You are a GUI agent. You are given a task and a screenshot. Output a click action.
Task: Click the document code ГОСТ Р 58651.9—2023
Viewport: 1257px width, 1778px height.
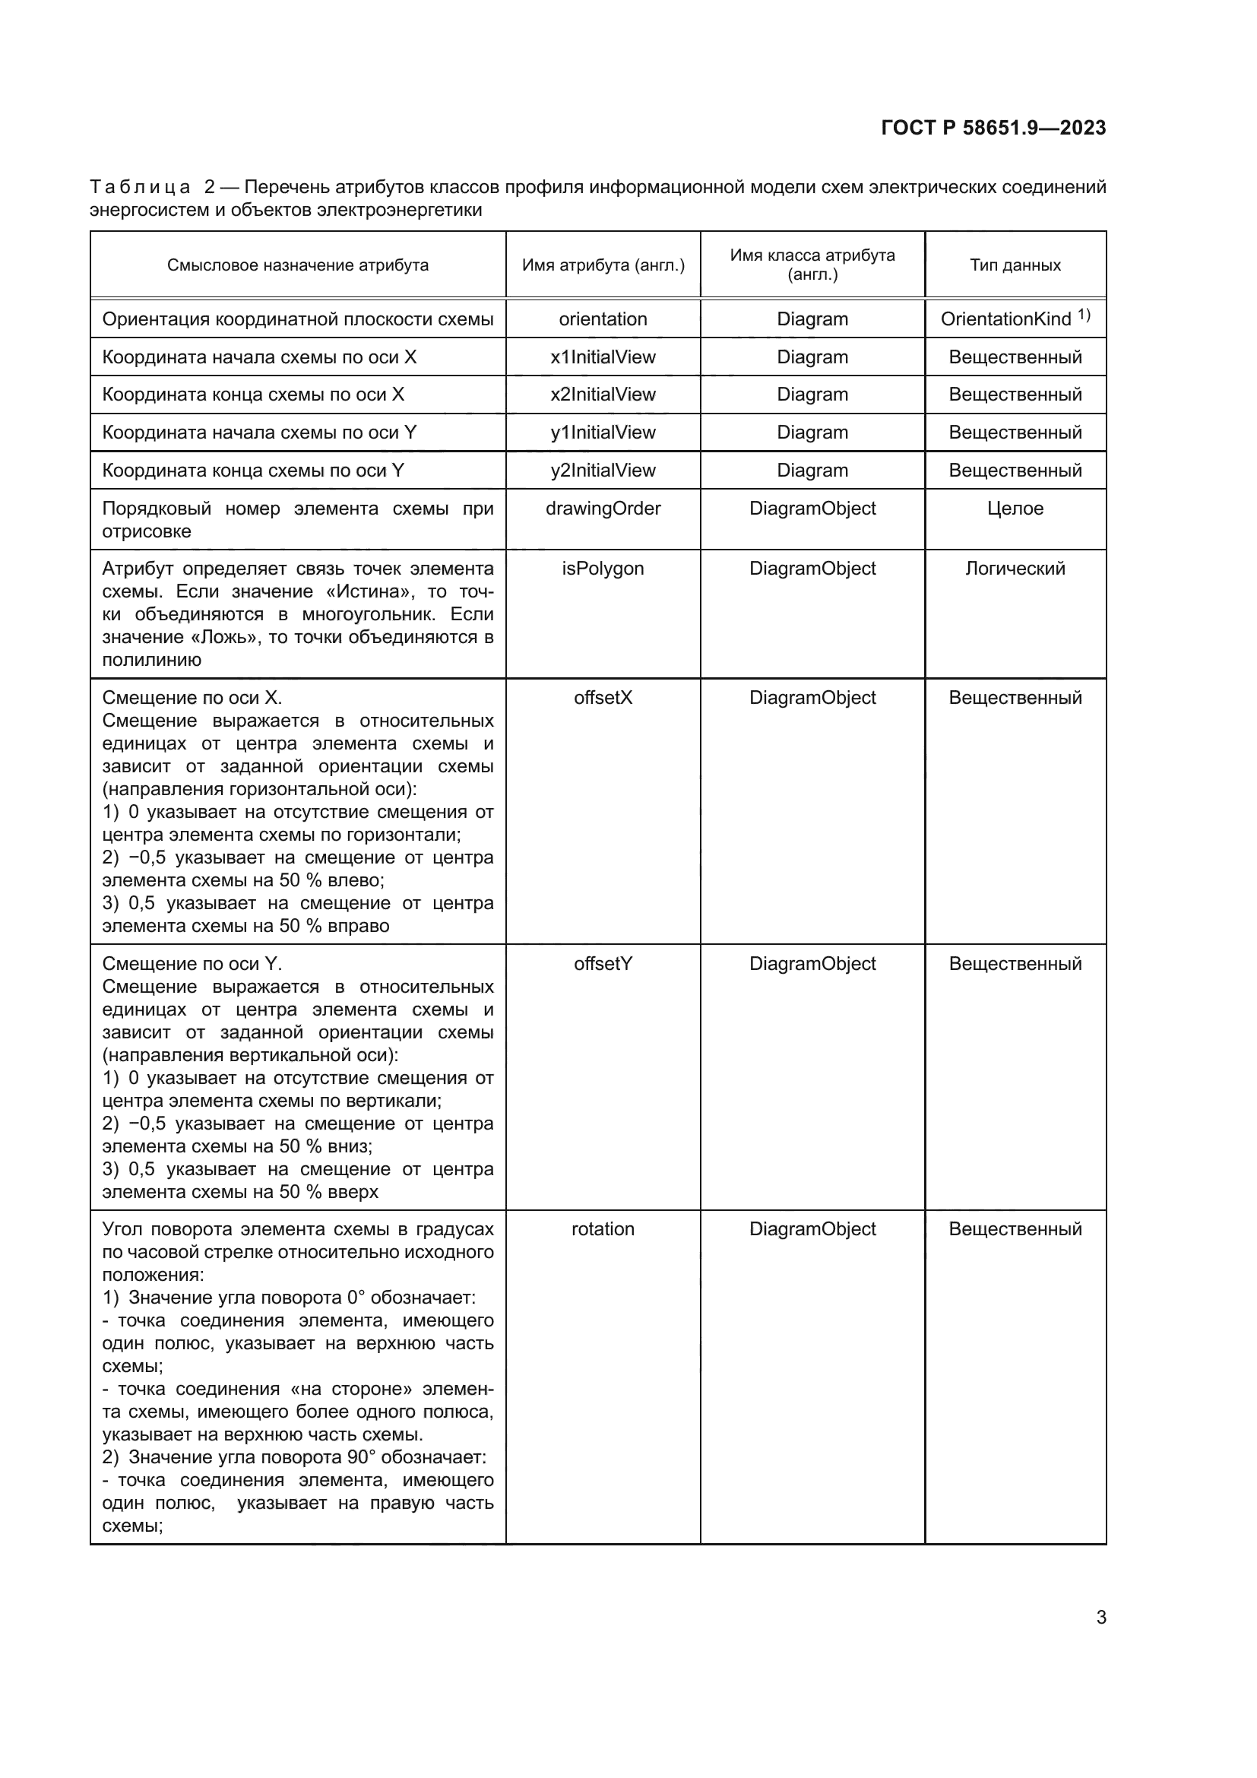point(993,128)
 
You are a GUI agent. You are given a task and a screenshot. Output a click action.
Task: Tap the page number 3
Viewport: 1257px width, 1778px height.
point(1100,1618)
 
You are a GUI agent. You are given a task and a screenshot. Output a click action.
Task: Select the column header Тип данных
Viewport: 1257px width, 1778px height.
point(1015,265)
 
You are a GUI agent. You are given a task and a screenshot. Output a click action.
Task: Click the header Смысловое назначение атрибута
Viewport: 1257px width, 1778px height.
point(297,265)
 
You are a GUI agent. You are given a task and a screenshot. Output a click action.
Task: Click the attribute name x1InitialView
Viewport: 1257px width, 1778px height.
point(602,357)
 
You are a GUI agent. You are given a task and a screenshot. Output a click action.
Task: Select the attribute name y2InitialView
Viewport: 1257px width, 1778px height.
point(602,470)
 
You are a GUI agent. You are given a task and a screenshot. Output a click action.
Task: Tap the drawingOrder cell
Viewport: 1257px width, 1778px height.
point(602,508)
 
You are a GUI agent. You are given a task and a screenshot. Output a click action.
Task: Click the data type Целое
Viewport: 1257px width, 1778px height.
point(1015,508)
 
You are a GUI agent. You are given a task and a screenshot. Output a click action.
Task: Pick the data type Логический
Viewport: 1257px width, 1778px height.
point(1015,569)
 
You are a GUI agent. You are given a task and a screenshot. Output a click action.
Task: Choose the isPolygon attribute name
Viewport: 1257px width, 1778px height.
point(602,569)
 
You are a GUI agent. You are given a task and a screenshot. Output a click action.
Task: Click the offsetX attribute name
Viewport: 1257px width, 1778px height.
point(602,698)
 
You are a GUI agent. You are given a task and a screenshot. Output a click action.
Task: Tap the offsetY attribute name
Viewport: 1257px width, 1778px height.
point(602,963)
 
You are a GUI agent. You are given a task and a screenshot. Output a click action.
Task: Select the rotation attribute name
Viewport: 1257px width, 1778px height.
point(602,1229)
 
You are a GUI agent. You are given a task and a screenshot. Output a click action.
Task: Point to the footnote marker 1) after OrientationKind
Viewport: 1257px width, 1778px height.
point(1084,315)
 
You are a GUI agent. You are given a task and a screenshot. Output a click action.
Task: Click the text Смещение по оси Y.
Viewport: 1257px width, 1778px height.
point(192,963)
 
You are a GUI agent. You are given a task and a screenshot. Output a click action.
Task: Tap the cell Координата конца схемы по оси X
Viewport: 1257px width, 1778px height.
point(253,395)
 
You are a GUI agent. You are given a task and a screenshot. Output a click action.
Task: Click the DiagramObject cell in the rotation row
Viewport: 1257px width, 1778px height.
point(812,1229)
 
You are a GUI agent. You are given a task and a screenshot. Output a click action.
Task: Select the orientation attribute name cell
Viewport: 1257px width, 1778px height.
point(602,319)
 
